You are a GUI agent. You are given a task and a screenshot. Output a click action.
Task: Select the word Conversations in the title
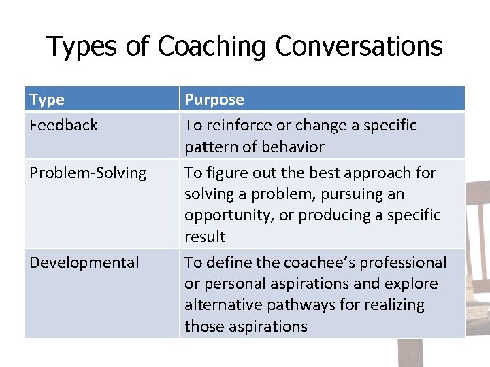(x=359, y=46)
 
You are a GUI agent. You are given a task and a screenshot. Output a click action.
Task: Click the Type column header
(x=47, y=100)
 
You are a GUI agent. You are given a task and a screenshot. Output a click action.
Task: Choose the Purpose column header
(x=214, y=100)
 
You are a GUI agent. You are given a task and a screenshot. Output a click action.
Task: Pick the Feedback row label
(x=63, y=125)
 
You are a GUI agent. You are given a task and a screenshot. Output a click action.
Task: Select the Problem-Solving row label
(x=88, y=173)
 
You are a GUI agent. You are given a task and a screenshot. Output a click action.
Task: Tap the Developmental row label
(x=84, y=262)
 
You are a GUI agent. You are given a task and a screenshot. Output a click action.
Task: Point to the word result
(x=205, y=237)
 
